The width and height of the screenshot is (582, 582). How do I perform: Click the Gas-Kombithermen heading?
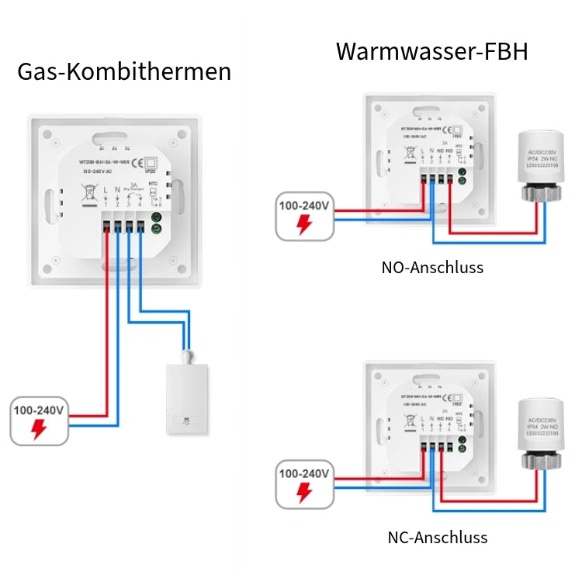pyautogui.click(x=124, y=71)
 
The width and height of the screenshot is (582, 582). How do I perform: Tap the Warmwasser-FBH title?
pyautogui.click(x=432, y=52)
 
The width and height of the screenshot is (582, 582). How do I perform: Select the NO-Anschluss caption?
pyautogui.click(x=432, y=268)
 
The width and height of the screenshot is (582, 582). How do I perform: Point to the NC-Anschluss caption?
pyautogui.click(x=438, y=537)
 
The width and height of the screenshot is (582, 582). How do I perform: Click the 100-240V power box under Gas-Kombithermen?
pyautogui.click(x=39, y=420)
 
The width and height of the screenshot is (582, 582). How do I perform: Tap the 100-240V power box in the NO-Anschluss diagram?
pyautogui.click(x=305, y=215)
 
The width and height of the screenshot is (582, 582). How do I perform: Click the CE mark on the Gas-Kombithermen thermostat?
pyautogui.click(x=137, y=162)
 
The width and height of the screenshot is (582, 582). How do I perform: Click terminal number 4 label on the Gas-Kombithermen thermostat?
pyautogui.click(x=140, y=203)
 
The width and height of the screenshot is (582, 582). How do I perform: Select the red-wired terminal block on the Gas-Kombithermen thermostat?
pyautogui.click(x=106, y=227)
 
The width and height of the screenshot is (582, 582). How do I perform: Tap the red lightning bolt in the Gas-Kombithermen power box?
pyautogui.click(x=39, y=429)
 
